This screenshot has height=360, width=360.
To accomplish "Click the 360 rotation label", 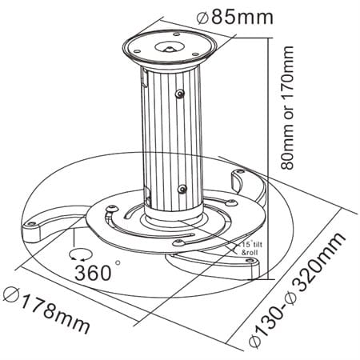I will (x=94, y=273).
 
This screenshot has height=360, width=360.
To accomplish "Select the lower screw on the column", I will (x=183, y=189).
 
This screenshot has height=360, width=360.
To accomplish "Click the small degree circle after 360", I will (x=118, y=262).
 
